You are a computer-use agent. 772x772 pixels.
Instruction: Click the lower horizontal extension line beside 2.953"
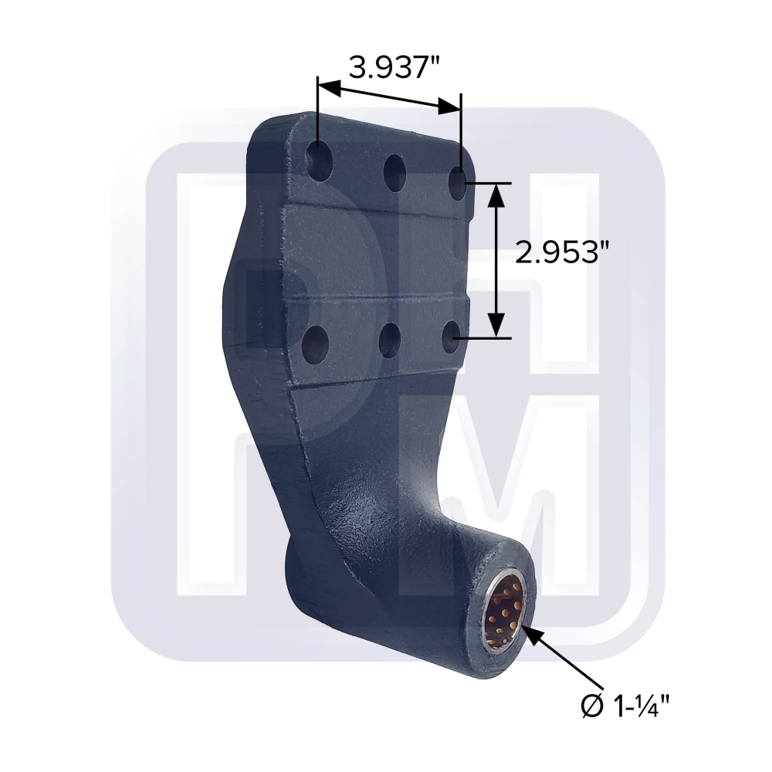point(486,337)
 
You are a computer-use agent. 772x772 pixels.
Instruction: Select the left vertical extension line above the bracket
point(317,108)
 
